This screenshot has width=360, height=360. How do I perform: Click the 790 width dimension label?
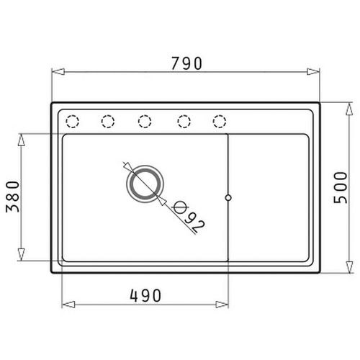click(x=187, y=63)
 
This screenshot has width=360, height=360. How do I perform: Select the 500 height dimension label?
click(x=341, y=188)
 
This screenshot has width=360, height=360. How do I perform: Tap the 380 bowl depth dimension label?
click(x=12, y=197)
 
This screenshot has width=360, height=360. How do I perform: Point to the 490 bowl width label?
click(x=145, y=295)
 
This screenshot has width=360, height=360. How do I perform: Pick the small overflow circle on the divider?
click(x=228, y=197)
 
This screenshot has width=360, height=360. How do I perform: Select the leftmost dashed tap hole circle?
click(x=73, y=122)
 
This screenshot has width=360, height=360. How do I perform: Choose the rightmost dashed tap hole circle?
click(x=220, y=122)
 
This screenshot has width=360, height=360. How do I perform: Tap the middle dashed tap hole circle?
click(x=145, y=122)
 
